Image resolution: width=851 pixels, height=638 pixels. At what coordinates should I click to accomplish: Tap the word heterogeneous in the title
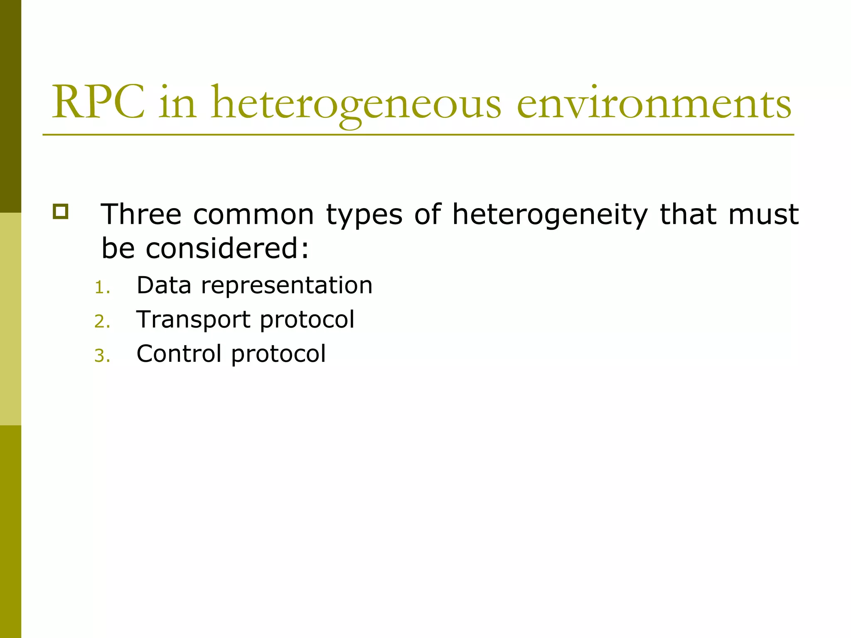(356, 104)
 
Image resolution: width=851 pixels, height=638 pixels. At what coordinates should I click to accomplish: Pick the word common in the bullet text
(253, 215)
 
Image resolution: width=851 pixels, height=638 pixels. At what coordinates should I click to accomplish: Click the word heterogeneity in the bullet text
(550, 215)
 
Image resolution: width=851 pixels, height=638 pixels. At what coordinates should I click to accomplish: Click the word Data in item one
(164, 285)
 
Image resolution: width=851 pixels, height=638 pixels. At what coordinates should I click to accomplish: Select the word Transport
(193, 320)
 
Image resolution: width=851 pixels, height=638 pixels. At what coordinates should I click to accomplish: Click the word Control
(179, 353)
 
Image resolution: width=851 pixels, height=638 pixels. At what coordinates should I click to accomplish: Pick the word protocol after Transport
(307, 320)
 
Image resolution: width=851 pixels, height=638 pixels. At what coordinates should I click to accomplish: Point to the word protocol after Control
(278, 354)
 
